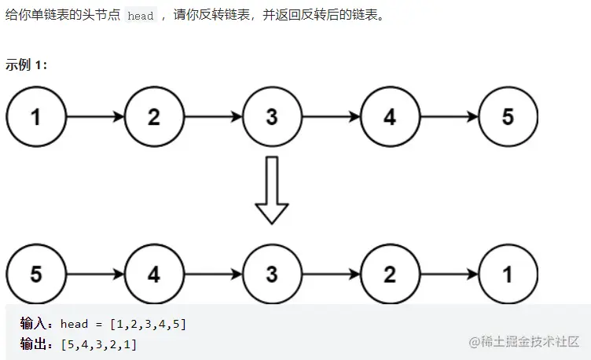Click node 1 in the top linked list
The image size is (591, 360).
[x=35, y=117]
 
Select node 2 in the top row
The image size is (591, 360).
[x=153, y=117]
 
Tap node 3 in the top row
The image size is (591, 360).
[x=272, y=117]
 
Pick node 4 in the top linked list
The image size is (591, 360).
[x=390, y=117]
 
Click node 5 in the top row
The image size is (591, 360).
[x=508, y=117]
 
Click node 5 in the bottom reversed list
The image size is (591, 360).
[x=35, y=274]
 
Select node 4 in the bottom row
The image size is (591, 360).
[x=153, y=274]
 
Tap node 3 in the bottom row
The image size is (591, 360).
[x=272, y=274]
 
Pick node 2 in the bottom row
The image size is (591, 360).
[x=390, y=274]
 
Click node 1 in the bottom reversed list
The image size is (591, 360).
[x=508, y=274]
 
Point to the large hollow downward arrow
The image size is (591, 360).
[x=272, y=189]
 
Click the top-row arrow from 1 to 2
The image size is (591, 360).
[x=94, y=117]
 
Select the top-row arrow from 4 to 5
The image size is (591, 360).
[x=449, y=117]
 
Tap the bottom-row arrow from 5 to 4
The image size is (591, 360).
[x=94, y=274]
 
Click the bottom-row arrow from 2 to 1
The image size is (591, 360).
[x=449, y=274]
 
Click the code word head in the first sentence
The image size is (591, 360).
[x=140, y=17]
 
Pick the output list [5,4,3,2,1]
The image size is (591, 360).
[x=97, y=343]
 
